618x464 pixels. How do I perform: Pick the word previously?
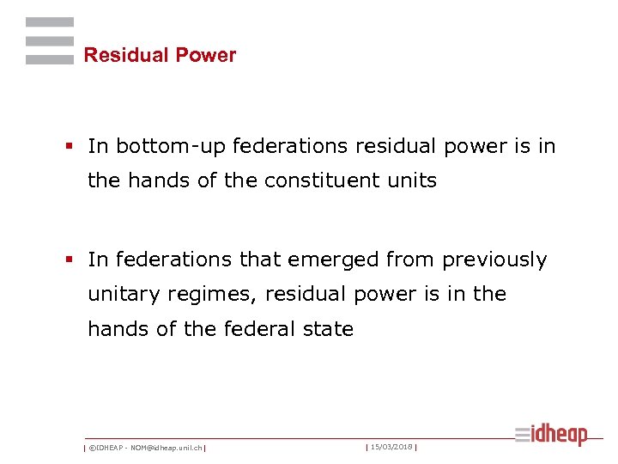(x=495, y=260)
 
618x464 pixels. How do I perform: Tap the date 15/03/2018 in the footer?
(x=391, y=447)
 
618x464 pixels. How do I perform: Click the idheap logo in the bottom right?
(x=552, y=436)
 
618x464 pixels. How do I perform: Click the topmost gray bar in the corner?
(x=50, y=22)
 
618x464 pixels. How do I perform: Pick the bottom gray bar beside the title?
(x=50, y=59)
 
